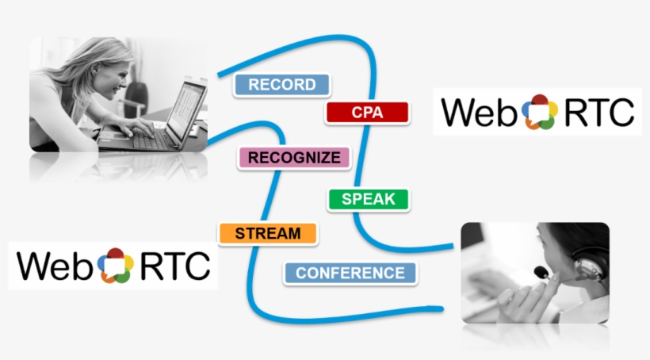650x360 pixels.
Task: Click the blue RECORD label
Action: pyautogui.click(x=281, y=85)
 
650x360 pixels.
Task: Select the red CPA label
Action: pyautogui.click(x=366, y=113)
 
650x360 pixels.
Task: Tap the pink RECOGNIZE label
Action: pyautogui.click(x=293, y=158)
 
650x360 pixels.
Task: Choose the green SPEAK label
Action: pyautogui.click(x=368, y=199)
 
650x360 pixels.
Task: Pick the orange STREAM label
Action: pyautogui.click(x=267, y=233)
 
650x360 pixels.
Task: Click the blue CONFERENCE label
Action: pyautogui.click(x=350, y=273)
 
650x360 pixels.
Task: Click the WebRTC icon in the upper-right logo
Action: pyautogui.click(x=540, y=112)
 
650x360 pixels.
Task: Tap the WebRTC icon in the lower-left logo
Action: pyautogui.click(x=116, y=265)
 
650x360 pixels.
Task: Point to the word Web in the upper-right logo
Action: pyautogui.click(x=481, y=113)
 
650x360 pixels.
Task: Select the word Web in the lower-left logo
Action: pyautogui.click(x=56, y=266)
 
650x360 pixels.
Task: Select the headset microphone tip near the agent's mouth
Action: pyautogui.click(x=541, y=273)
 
